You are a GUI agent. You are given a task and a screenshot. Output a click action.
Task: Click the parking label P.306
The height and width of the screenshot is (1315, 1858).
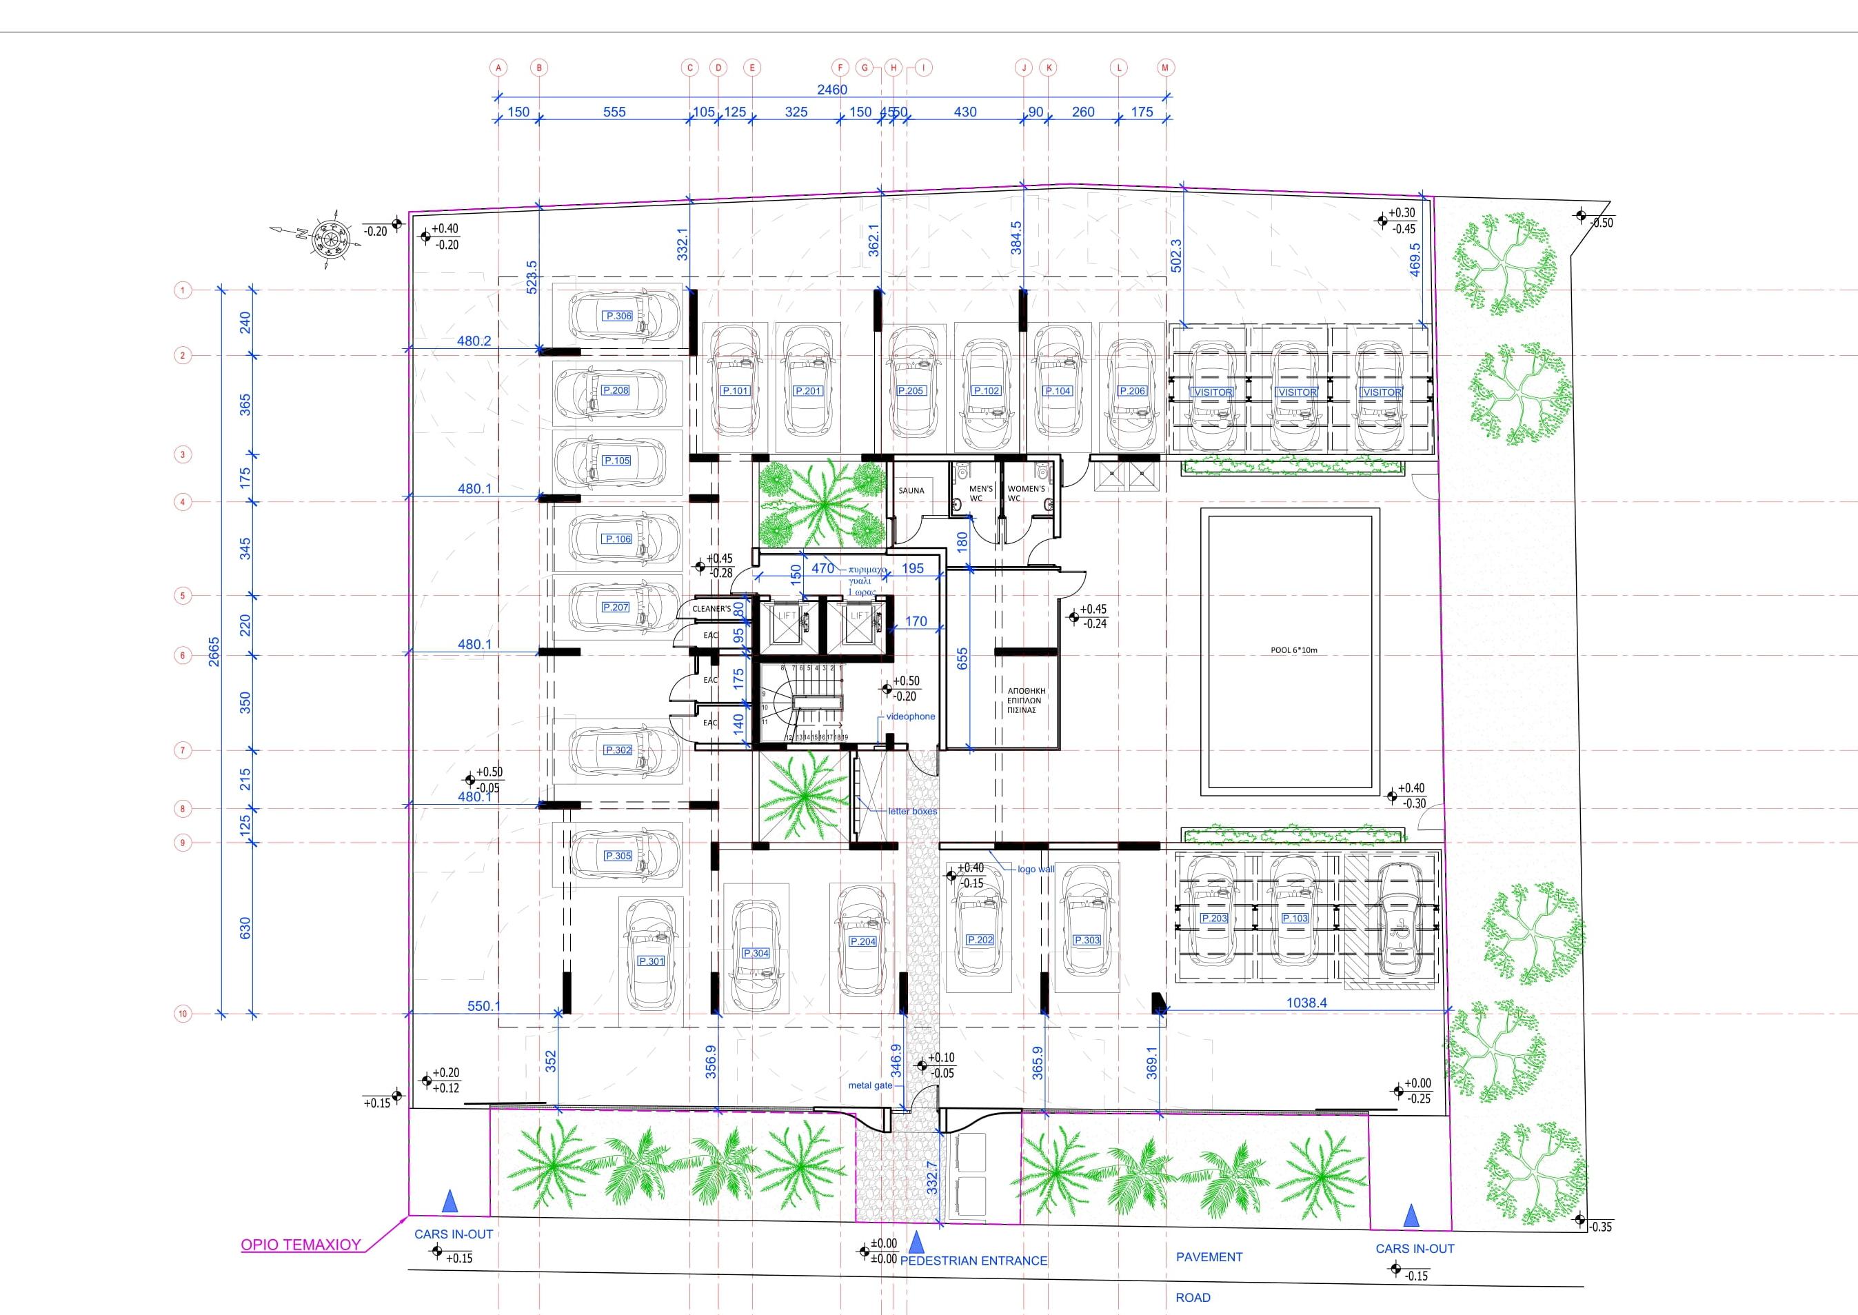click(x=618, y=316)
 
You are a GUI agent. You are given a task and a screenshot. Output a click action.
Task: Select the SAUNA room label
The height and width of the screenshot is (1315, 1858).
click(x=911, y=491)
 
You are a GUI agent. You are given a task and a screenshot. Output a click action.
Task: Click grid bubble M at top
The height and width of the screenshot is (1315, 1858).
click(x=1165, y=68)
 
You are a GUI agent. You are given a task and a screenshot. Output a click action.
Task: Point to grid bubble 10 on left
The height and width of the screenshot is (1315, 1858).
click(x=183, y=1014)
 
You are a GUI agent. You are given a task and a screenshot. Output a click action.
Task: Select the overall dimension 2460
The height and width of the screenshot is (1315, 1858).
click(x=831, y=90)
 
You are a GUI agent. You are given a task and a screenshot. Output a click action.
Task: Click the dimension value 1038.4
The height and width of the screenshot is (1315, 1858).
click(x=1306, y=1003)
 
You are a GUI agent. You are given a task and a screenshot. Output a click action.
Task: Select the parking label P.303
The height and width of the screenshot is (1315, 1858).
click(x=1087, y=940)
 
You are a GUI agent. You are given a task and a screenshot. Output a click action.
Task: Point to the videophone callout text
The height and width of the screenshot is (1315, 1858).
click(x=910, y=716)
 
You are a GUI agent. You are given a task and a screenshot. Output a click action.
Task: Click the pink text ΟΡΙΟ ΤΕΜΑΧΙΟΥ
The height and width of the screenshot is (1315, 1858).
click(x=301, y=1245)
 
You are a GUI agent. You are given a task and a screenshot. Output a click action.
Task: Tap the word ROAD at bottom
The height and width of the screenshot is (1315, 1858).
click(x=1193, y=1298)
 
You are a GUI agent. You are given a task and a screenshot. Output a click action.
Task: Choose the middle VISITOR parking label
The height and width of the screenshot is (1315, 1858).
click(x=1296, y=392)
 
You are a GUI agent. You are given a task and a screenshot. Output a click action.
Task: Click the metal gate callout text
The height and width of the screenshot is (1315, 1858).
click(x=870, y=1086)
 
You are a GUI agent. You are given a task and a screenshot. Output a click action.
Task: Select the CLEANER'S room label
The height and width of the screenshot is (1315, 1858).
click(x=711, y=609)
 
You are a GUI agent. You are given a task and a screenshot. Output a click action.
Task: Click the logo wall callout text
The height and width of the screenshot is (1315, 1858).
click(x=1036, y=869)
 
